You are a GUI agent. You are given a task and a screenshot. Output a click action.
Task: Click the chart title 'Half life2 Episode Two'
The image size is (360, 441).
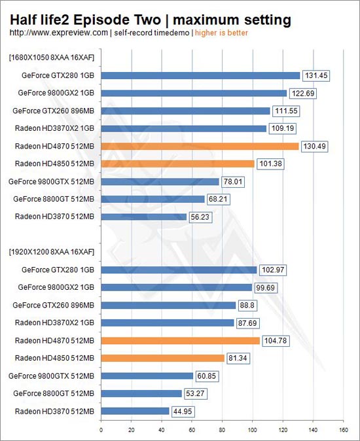click(86, 20)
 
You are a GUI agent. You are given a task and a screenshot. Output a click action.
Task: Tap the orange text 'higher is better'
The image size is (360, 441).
click(221, 33)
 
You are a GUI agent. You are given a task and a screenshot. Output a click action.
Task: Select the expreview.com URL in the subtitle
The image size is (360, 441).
click(59, 33)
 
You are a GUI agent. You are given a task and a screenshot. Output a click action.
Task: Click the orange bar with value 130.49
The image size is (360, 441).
click(200, 147)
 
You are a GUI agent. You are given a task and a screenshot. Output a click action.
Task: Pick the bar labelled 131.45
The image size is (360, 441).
click(200, 75)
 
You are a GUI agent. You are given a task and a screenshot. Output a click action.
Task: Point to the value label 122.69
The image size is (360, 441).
click(303, 94)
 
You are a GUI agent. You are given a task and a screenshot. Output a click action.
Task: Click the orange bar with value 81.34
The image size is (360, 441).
click(162, 358)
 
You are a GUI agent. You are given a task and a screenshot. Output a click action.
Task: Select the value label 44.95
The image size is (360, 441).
click(183, 412)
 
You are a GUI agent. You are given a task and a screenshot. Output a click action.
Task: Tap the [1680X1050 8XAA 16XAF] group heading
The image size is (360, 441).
click(52, 58)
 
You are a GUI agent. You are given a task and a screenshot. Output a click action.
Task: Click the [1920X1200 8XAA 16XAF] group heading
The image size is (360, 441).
click(52, 252)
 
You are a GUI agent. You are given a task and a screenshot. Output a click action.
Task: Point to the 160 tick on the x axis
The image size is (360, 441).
click(344, 430)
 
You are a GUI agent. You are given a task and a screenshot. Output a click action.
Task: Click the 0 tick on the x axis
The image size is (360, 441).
click(101, 430)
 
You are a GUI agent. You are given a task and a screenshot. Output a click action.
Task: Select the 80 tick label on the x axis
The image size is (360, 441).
click(222, 430)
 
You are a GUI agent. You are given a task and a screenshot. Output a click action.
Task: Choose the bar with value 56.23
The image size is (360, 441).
click(144, 217)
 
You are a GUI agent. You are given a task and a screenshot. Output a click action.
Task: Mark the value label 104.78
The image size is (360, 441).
click(276, 341)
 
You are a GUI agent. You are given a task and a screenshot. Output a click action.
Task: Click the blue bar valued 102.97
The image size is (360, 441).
click(179, 270)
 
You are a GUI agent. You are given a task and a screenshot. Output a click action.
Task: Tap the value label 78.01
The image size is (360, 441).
click(233, 182)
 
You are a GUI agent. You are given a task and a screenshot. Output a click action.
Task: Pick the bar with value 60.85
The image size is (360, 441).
click(147, 376)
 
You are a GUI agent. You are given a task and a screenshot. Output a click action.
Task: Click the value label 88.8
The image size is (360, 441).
click(247, 305)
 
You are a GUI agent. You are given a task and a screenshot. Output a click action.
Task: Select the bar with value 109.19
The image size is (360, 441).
click(184, 128)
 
